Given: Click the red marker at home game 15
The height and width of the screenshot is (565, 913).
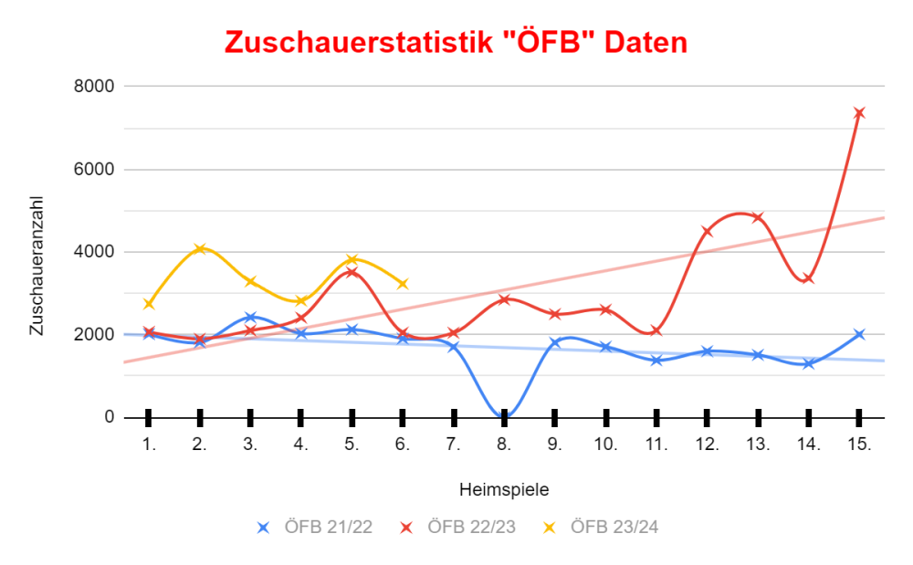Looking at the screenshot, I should tap(859, 113).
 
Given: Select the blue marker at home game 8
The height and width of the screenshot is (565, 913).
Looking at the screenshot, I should tap(504, 416).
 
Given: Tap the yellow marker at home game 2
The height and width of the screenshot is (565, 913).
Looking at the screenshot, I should tap(200, 248).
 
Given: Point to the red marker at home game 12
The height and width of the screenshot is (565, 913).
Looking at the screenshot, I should tap(707, 231).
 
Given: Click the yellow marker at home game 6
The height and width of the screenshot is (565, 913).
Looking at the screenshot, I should tap(403, 284).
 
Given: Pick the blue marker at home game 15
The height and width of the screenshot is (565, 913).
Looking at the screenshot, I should tap(859, 334).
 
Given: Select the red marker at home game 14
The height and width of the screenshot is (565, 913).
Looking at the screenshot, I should tap(808, 278).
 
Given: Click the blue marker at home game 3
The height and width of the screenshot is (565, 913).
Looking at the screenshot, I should tap(250, 317).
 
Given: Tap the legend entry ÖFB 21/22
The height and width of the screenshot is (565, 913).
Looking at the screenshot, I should tap(315, 527).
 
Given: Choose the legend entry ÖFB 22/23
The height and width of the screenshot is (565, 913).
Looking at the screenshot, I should tap(458, 527).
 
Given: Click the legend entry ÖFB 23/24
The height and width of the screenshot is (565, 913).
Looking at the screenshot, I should tap(601, 527).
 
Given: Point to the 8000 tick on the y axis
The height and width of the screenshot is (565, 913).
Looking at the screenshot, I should tap(95, 86).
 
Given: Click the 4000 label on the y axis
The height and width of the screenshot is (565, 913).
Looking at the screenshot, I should tap(95, 252).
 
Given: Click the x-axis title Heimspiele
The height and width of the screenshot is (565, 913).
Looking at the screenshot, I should tap(504, 489).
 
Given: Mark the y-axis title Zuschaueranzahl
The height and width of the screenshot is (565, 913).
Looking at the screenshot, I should tap(37, 266).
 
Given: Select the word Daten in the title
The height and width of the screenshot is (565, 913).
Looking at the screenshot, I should tap(645, 42).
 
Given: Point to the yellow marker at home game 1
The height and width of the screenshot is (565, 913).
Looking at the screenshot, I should tap(149, 304).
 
